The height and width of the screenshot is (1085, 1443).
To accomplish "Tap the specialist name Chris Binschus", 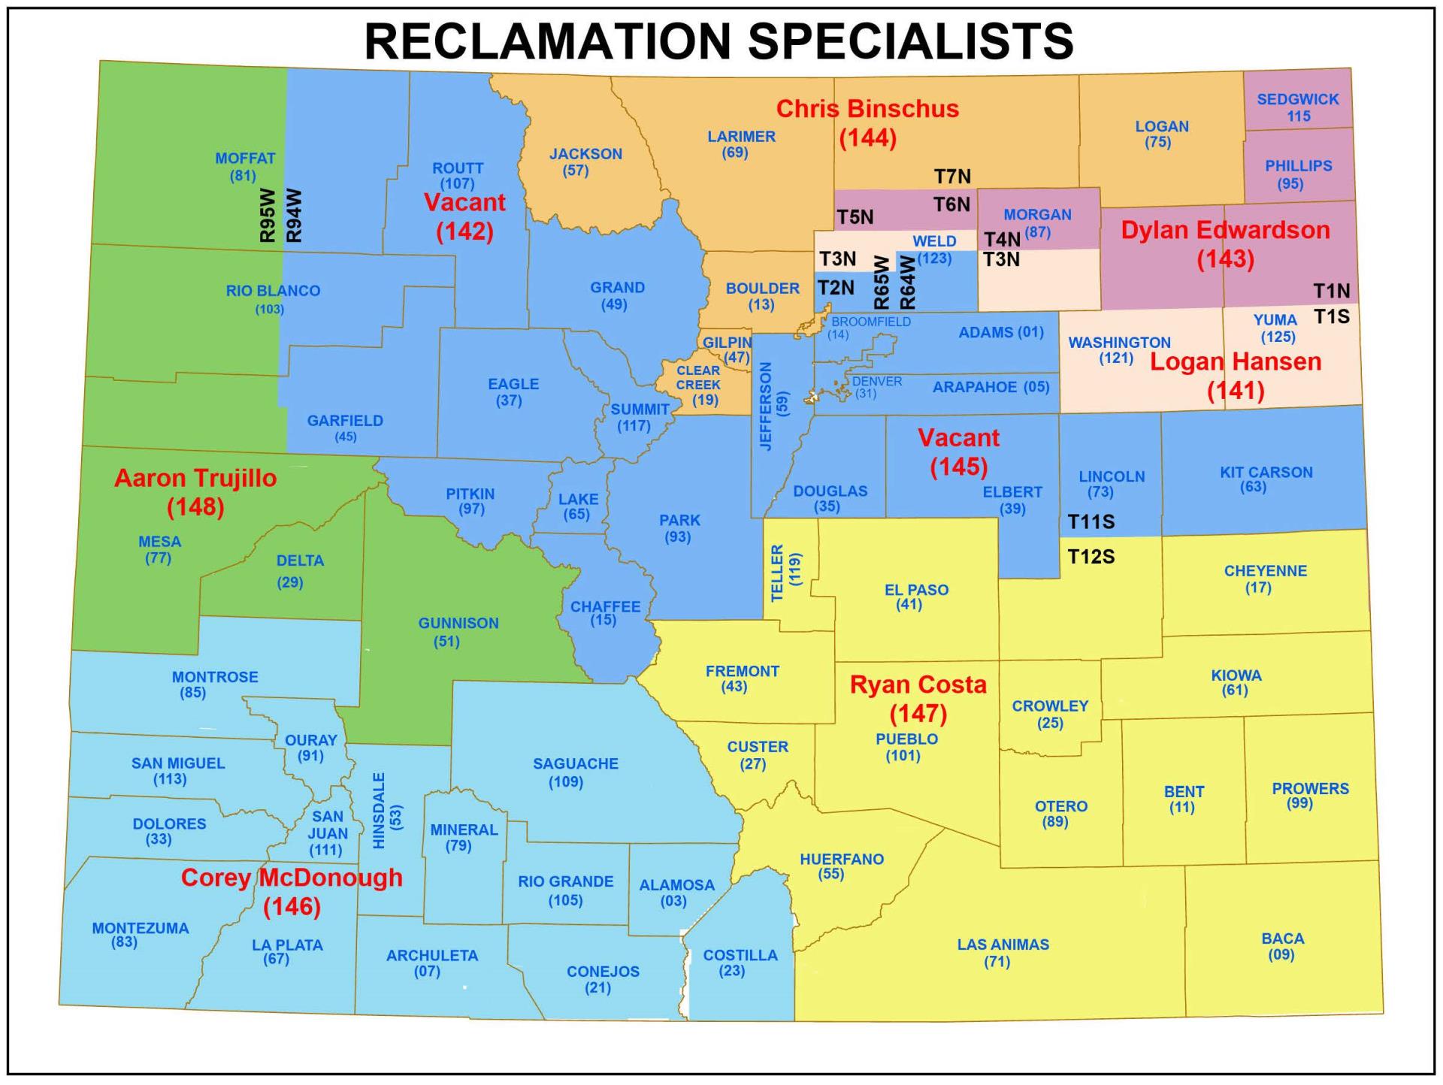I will [867, 109].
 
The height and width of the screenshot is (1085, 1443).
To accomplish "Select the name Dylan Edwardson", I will [1225, 230].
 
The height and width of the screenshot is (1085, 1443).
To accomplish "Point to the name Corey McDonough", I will [292, 878].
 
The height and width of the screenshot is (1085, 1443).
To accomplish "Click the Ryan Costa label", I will [918, 685].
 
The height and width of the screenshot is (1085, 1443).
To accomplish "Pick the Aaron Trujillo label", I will [195, 478].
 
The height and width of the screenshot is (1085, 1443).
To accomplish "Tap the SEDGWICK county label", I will [1298, 99].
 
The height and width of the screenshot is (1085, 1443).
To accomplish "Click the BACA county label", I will [1282, 938].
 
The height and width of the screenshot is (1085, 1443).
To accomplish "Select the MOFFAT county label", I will [245, 159].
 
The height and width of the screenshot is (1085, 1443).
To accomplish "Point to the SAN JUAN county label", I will [328, 825].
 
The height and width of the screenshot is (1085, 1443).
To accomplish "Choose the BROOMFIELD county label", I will [871, 322].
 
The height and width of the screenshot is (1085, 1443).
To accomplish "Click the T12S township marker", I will [1091, 557].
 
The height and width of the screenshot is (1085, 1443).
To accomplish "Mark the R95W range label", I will [268, 215].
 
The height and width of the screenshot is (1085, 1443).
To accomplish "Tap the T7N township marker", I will [952, 177].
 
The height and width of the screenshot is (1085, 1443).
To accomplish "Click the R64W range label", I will [908, 283].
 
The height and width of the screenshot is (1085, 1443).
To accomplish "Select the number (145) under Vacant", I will [958, 467].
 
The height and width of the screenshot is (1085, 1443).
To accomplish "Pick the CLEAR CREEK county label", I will [698, 377].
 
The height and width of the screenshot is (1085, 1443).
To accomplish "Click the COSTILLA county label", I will [740, 955].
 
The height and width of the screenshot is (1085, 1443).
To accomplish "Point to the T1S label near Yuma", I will [1331, 316].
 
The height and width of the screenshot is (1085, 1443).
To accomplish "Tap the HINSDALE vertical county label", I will [379, 811].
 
